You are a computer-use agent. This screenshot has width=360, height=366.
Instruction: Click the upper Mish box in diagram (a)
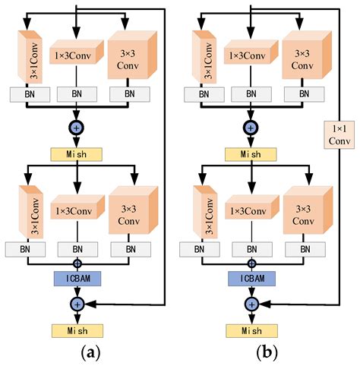pyautogui.click(x=77, y=153)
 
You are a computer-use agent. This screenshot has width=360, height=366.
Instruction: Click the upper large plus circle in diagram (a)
pyautogui.click(x=77, y=128)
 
